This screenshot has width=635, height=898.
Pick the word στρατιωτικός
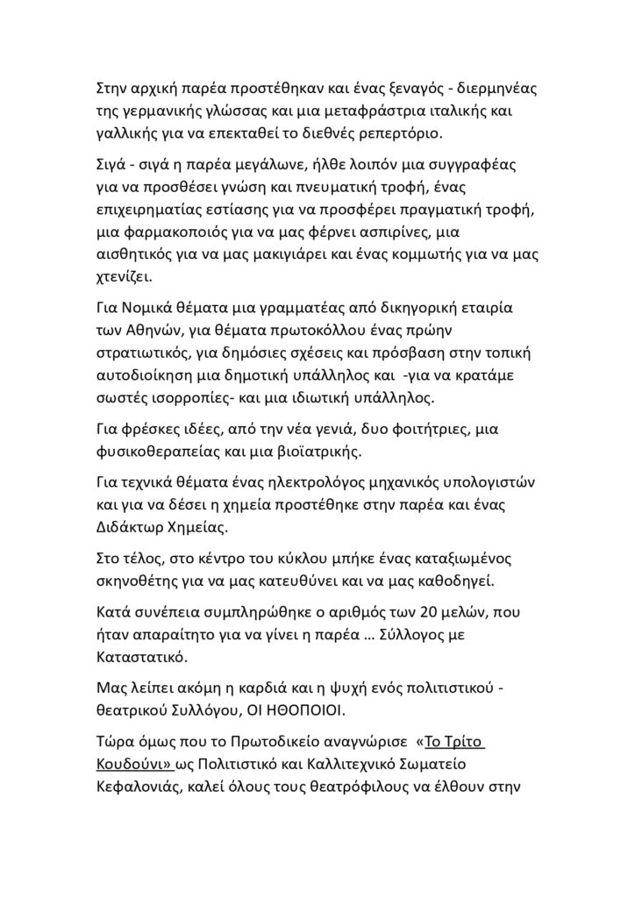pyautogui.click(x=143, y=353)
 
